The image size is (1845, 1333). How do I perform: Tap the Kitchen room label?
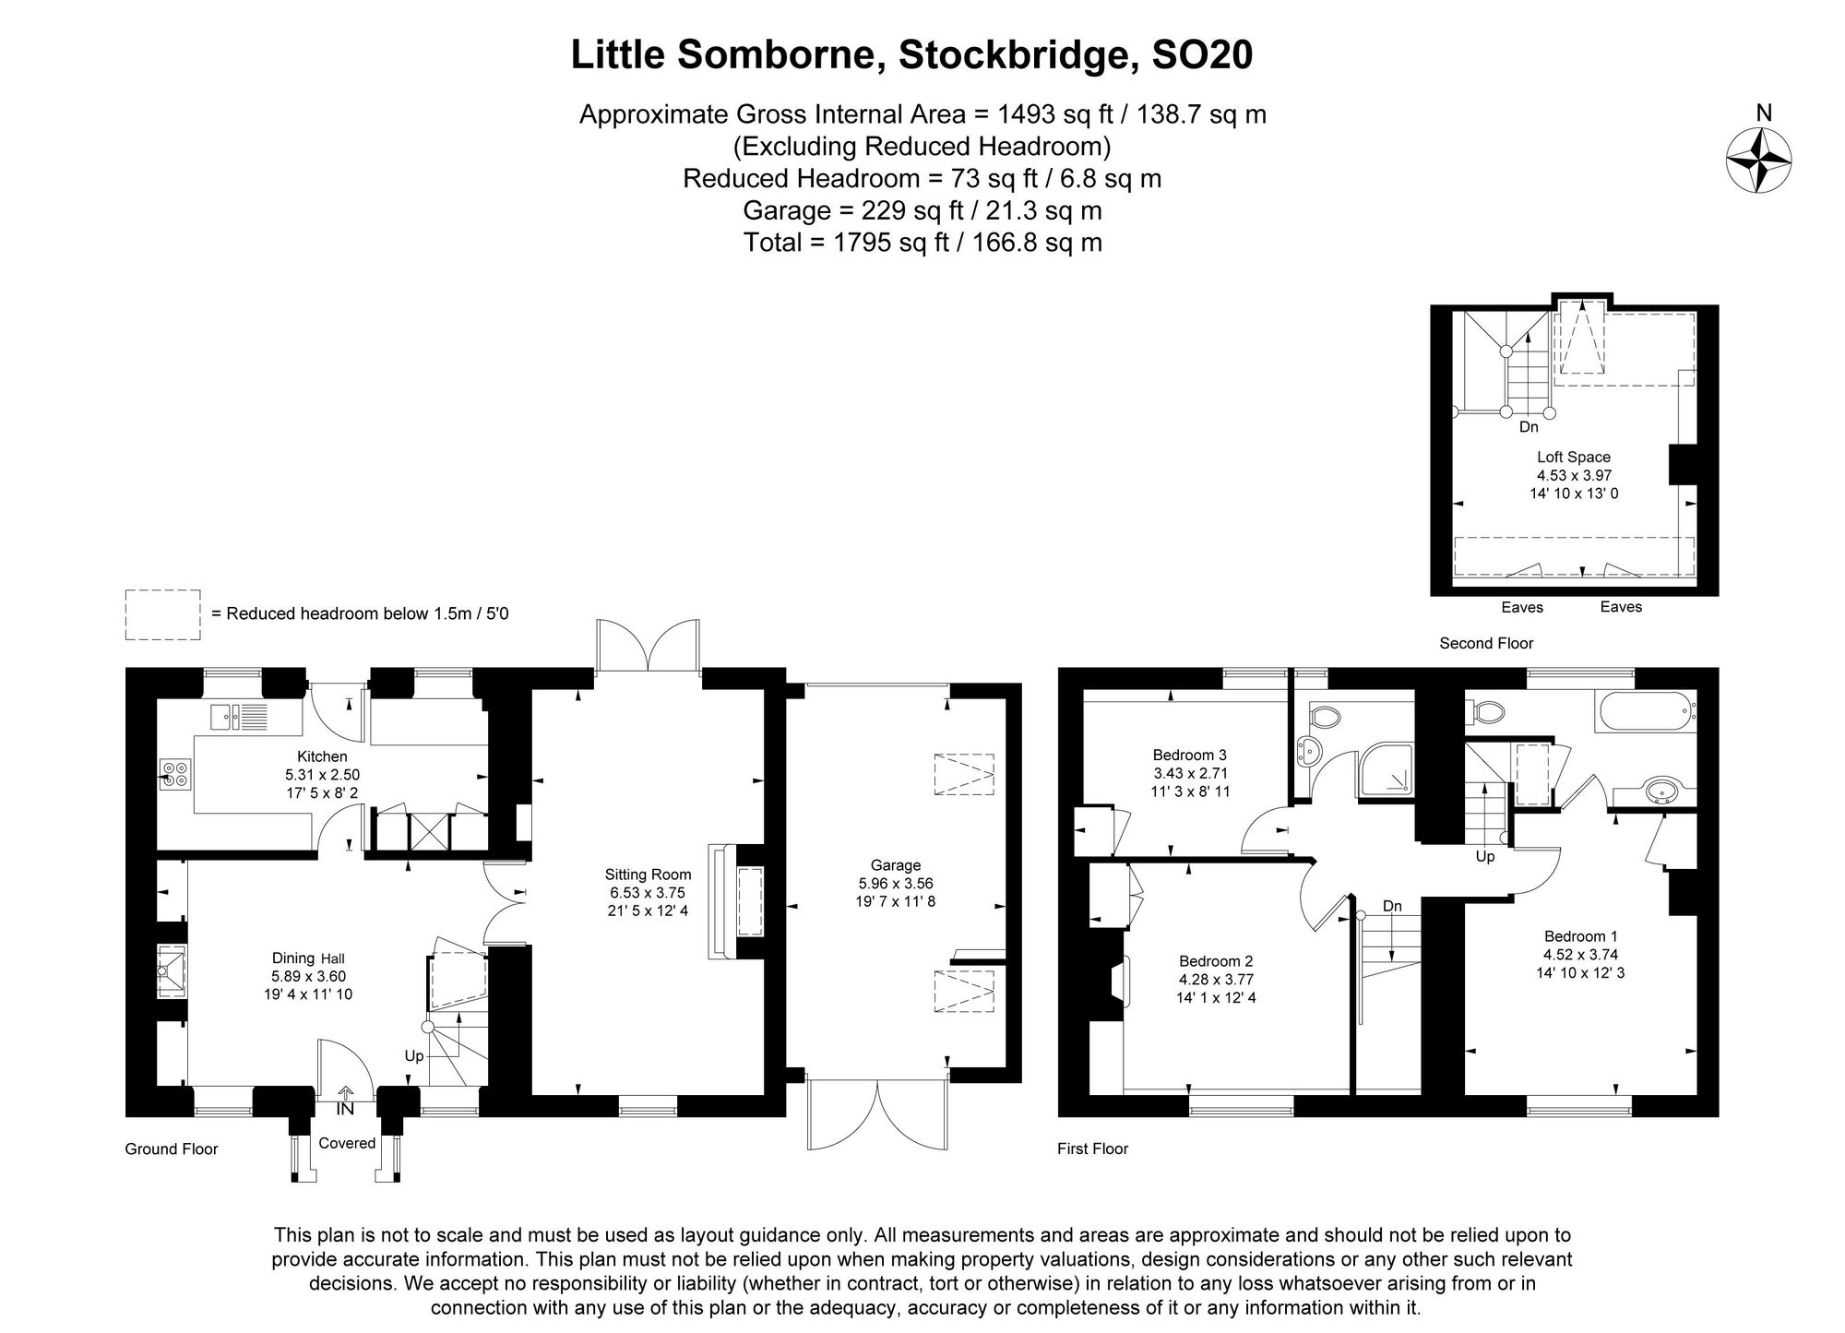coord(322,756)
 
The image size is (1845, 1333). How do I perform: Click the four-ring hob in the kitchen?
coord(176,773)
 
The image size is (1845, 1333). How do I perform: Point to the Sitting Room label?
coord(648,875)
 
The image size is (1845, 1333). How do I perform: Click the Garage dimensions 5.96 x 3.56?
coord(895,883)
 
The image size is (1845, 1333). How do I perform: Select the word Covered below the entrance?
coord(347,1143)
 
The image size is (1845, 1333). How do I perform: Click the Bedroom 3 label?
coord(1190,755)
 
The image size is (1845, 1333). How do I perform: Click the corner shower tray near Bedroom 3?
coord(1386,768)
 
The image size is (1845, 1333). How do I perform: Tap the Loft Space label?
coord(1574,457)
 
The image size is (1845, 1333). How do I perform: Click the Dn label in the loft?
coord(1529,427)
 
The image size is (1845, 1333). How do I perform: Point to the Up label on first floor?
coord(1485,856)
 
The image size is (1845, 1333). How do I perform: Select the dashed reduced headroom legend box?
coord(162,614)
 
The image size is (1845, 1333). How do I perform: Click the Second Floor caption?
coord(1486,643)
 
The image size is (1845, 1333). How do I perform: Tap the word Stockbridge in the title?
coord(1014,55)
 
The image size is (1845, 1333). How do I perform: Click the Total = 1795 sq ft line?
coord(922,243)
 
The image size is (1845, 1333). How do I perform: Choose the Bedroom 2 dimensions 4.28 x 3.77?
coord(1216,980)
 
